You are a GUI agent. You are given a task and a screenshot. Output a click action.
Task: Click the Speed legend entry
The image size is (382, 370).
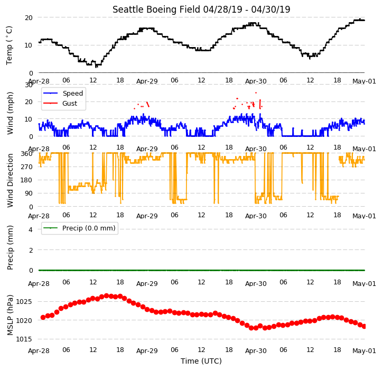[x=63, y=94]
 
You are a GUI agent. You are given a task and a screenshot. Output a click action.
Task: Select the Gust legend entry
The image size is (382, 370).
[x=60, y=104]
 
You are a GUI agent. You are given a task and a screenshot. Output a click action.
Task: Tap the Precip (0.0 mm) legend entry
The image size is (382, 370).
[x=79, y=228]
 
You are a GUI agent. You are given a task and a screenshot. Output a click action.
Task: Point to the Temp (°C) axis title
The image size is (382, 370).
[x=9, y=45]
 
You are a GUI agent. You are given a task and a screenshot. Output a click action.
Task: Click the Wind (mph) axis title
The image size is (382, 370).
[x=10, y=113]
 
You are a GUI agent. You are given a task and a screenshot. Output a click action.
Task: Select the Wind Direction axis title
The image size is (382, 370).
[x=10, y=181]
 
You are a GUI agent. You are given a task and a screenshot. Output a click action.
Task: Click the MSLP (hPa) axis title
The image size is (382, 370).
[x=10, y=315]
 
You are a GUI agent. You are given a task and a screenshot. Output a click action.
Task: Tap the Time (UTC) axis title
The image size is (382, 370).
[x=201, y=361]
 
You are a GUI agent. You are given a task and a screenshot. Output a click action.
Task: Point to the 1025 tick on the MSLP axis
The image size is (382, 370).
[x=24, y=302]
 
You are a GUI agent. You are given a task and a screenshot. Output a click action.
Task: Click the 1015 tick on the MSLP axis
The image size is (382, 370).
[x=24, y=339]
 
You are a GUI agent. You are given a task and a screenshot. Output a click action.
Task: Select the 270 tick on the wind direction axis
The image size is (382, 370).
[x=27, y=167]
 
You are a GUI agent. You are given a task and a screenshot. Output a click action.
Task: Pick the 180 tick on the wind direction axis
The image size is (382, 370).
[x=27, y=180]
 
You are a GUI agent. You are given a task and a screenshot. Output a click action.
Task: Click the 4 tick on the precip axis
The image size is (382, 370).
[x=31, y=229]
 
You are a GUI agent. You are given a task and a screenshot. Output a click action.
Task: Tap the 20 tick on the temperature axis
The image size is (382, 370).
[x=29, y=18]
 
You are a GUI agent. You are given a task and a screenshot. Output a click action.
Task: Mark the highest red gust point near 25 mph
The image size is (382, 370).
[x=256, y=92]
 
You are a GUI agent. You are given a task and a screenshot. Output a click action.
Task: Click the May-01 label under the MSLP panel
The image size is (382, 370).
[x=364, y=351]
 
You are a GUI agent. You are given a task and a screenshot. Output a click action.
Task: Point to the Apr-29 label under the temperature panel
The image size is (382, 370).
[x=147, y=81]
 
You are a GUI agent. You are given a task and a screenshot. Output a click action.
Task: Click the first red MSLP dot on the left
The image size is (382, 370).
[x=43, y=317]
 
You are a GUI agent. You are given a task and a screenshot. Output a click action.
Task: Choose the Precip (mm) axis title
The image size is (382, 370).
[x=10, y=248]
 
